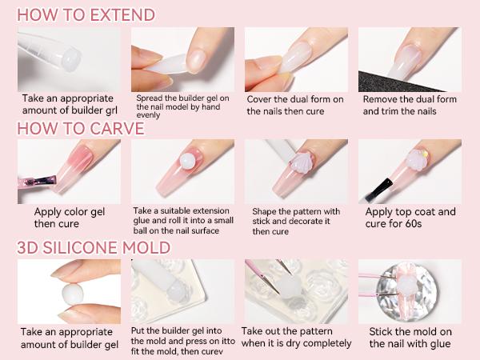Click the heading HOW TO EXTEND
click(x=86, y=14)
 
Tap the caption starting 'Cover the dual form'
click(x=294, y=105)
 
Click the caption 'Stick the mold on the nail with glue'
click(x=410, y=337)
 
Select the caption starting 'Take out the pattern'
click(x=296, y=337)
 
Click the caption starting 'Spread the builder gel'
click(x=182, y=105)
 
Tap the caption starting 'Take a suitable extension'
click(x=183, y=220)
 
